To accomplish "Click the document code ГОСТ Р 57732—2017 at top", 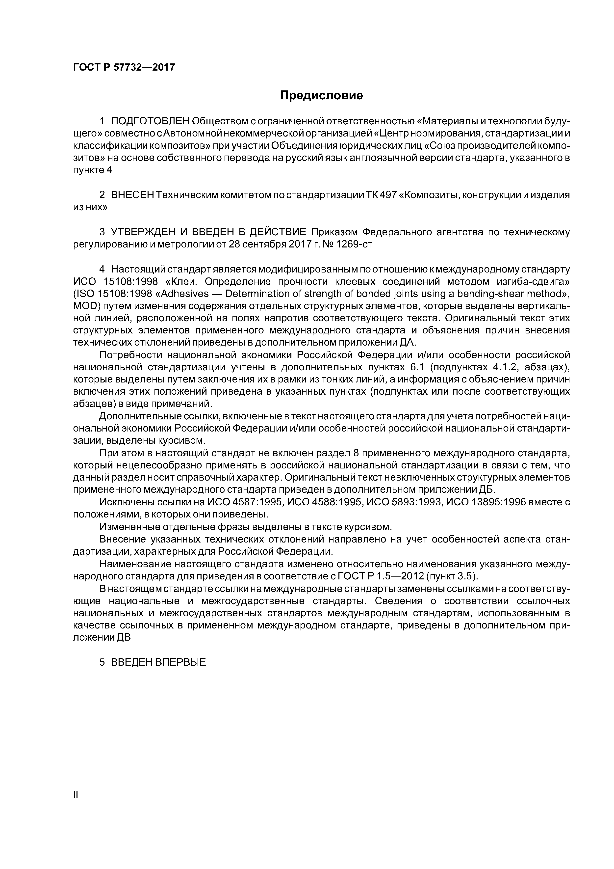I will [x=124, y=67].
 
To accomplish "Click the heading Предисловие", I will [x=321, y=95].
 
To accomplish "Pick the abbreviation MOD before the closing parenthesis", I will [x=84, y=306].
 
